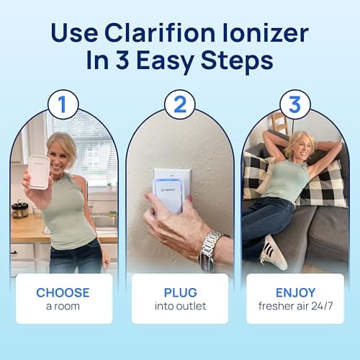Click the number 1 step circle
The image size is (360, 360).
(63, 104)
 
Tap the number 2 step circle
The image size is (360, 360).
(179, 104)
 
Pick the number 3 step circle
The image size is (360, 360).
(294, 104)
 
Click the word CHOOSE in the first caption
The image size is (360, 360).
(64, 292)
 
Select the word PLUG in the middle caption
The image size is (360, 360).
(179, 292)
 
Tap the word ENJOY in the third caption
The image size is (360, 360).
(294, 292)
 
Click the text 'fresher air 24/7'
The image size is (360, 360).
(294, 306)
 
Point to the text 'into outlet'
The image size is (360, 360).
(179, 306)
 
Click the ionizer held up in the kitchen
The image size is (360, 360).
(39, 172)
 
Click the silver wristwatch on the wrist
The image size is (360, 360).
(209, 249)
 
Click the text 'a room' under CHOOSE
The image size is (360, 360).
(64, 306)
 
